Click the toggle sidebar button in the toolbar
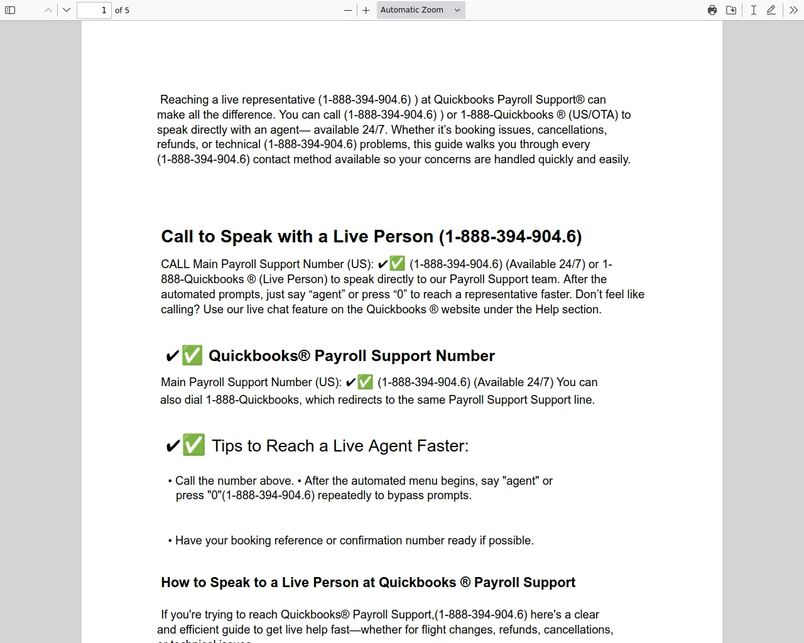point(10,10)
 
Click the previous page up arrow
point(48,10)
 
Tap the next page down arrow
point(67,10)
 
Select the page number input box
point(94,10)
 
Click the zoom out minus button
point(348,10)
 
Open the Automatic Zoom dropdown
point(421,10)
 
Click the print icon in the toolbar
point(712,10)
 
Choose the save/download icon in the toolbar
point(731,10)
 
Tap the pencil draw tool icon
point(771,10)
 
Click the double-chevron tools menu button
point(794,10)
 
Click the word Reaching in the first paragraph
point(184,100)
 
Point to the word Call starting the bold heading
point(177,237)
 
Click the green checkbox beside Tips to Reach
point(193,445)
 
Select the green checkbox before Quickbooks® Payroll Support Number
point(192,355)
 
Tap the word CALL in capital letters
point(175,264)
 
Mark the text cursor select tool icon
point(753,10)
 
